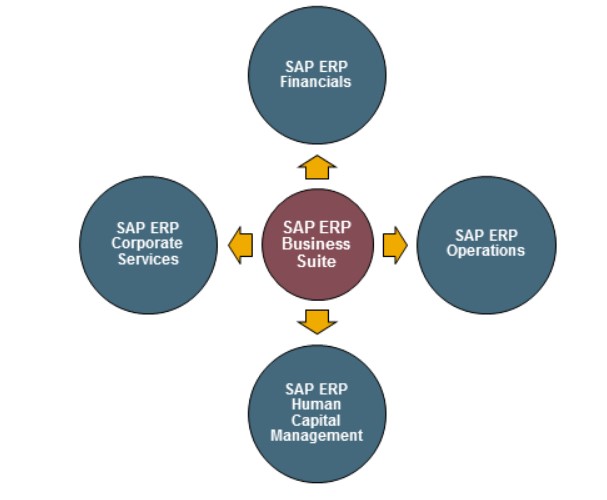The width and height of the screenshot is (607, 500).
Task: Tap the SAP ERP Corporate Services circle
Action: [147, 244]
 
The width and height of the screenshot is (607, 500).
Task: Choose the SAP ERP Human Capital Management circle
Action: [316, 414]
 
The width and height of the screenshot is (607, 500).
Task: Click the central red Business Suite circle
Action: [316, 244]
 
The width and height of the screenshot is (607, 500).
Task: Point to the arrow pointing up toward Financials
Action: [317, 166]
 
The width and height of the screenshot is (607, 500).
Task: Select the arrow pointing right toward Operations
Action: [395, 244]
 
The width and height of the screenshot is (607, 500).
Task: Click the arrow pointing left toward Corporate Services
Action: [240, 244]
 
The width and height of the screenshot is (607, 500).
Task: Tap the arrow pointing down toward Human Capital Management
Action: [317, 321]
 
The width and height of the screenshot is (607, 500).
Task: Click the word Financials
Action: [316, 82]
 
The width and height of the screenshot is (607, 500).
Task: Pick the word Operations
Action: [485, 251]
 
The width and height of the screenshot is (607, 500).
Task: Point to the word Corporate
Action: [147, 244]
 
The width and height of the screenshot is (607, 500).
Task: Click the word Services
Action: [147, 259]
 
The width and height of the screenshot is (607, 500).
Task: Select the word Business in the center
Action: [316, 244]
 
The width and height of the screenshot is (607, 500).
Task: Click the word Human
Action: [316, 404]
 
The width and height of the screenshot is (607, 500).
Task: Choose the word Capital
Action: [316, 420]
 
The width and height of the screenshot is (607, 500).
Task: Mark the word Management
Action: [316, 436]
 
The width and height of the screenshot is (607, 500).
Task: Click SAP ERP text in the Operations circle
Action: [485, 236]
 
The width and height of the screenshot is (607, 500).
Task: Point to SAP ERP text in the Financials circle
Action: [316, 67]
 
